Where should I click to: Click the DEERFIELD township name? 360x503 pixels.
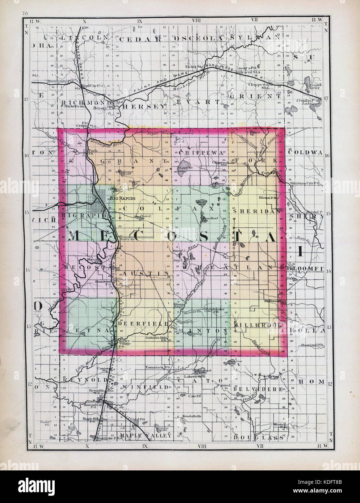(x=142, y=325)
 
